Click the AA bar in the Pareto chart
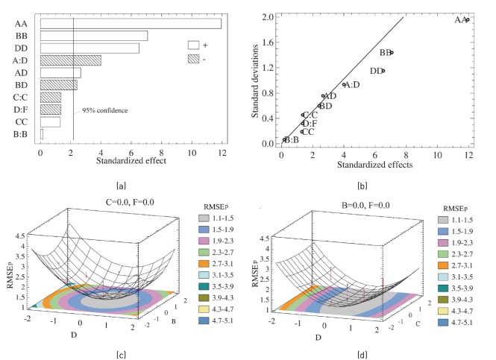[x=131, y=24]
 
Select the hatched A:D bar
[x=70, y=60]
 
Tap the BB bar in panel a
[x=94, y=36]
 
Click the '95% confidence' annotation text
[x=104, y=110]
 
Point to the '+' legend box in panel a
[x=194, y=45]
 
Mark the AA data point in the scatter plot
[x=467, y=19]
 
